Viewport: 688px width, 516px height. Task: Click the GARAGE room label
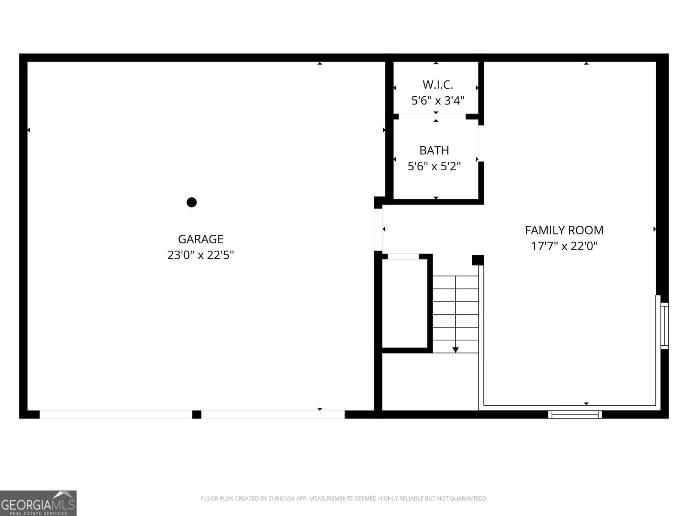tap(200, 239)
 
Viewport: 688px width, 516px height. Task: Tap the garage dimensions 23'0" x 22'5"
tap(200, 255)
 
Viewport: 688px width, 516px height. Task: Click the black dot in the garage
tap(192, 202)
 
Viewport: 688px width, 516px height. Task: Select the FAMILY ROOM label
tap(564, 230)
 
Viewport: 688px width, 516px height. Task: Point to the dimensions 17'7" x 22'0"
tap(564, 246)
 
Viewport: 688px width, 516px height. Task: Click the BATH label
tap(434, 150)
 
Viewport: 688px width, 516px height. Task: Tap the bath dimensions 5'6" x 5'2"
tap(434, 166)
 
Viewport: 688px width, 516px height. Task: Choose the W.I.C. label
tap(438, 85)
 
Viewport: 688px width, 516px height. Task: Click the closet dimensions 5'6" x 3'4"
tap(438, 101)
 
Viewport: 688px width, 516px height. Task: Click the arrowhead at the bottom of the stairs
tap(455, 350)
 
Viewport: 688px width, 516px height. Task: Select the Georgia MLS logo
tap(38, 503)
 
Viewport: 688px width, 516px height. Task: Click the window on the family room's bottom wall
tap(575, 415)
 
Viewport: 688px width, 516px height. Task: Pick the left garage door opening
tap(116, 415)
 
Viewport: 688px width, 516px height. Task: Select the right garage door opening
tap(273, 415)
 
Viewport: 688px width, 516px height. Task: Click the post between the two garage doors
tap(197, 415)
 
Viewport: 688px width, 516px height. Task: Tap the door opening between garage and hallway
tap(378, 229)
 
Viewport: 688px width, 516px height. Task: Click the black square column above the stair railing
tap(478, 260)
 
